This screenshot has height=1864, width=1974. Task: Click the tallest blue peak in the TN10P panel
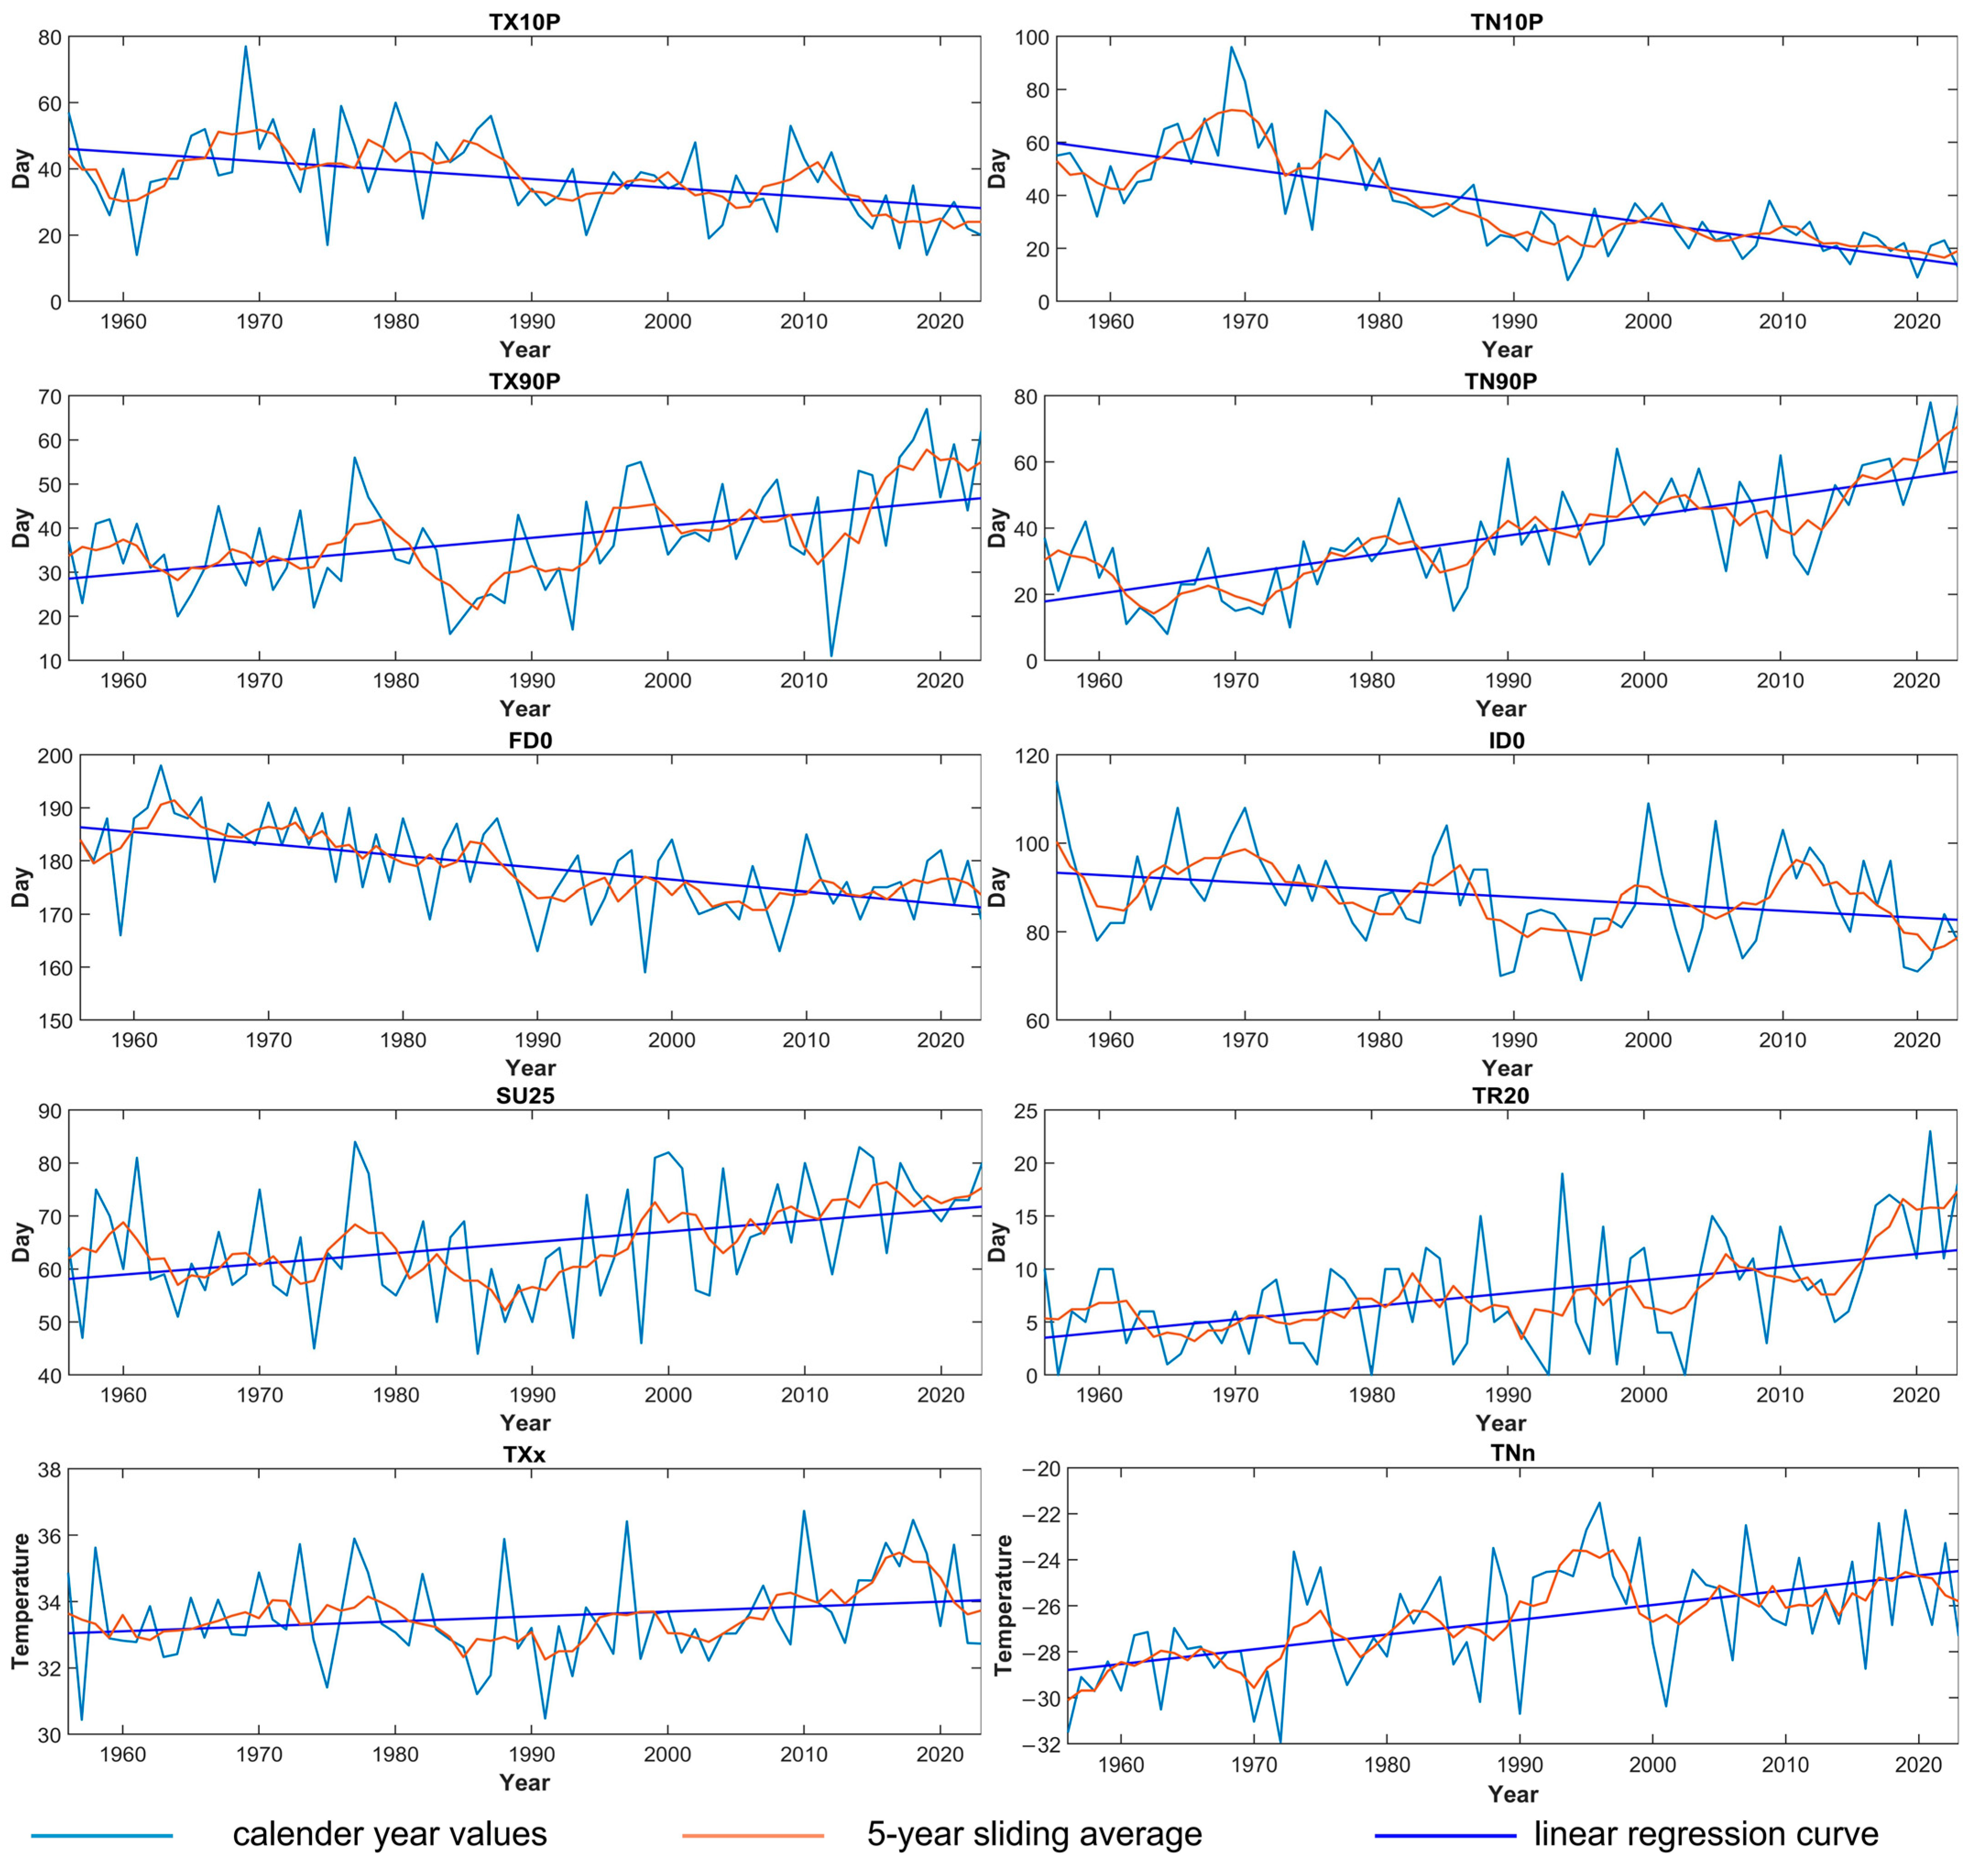pos(1231,47)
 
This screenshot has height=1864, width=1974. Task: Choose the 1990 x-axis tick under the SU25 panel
pos(531,1395)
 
